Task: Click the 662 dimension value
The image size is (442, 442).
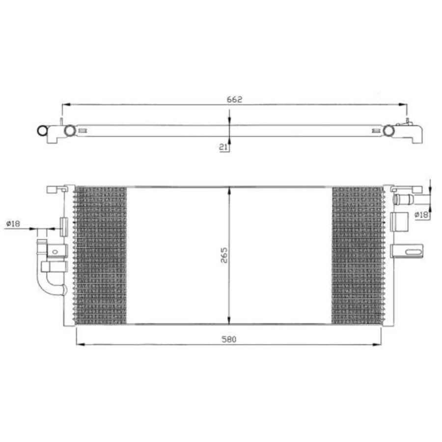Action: pyautogui.click(x=235, y=99)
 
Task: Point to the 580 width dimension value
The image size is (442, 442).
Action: pyautogui.click(x=229, y=339)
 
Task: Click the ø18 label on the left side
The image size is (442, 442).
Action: pyautogui.click(x=13, y=224)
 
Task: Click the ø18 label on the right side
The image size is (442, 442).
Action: pyautogui.click(x=421, y=215)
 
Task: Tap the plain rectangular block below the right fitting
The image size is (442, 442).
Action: pyautogui.click(x=399, y=221)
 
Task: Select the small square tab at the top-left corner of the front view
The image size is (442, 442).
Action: pyautogui.click(x=50, y=189)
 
